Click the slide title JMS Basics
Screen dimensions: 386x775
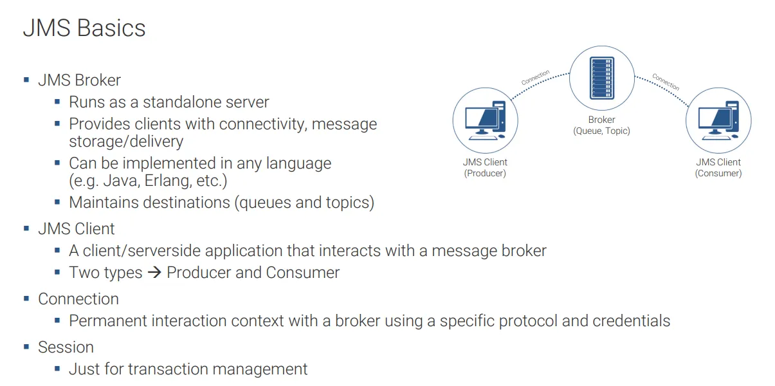(x=84, y=28)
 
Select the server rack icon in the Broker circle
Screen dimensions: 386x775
(x=601, y=78)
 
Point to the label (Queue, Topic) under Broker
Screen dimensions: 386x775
(x=601, y=131)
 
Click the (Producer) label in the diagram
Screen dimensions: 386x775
(x=485, y=173)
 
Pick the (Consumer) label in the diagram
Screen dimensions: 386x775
(x=718, y=173)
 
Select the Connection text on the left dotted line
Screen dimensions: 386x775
(x=535, y=78)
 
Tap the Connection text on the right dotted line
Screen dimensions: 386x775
(x=666, y=82)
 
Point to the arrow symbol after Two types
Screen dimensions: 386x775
(x=154, y=273)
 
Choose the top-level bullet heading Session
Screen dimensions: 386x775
(x=66, y=347)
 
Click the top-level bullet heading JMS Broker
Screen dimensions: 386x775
(x=79, y=80)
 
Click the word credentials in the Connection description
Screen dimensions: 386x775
(x=631, y=321)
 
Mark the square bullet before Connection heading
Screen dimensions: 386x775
(x=26, y=299)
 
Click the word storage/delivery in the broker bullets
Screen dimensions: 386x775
(x=126, y=142)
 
